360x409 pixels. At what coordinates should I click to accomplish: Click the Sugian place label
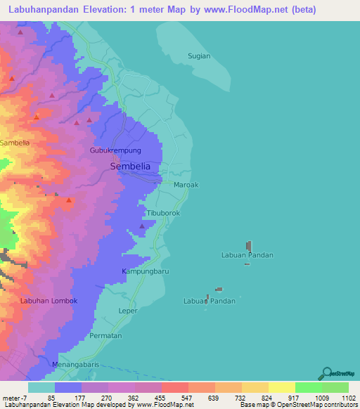point(199,56)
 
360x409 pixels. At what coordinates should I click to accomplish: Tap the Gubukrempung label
point(116,151)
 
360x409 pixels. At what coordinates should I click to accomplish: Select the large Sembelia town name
point(130,167)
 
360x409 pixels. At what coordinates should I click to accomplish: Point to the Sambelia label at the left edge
point(15,143)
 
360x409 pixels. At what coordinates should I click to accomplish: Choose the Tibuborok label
point(163,212)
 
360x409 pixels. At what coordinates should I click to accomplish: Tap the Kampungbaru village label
point(146,271)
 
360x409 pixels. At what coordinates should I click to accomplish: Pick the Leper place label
point(128,310)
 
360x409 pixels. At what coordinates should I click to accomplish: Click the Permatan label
point(105,336)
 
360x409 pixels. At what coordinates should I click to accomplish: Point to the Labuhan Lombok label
point(48,301)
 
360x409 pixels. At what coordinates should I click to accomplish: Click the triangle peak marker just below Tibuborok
point(142,226)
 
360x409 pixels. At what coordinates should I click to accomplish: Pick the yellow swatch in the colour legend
point(281,387)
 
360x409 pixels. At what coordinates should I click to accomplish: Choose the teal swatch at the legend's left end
point(41,387)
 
